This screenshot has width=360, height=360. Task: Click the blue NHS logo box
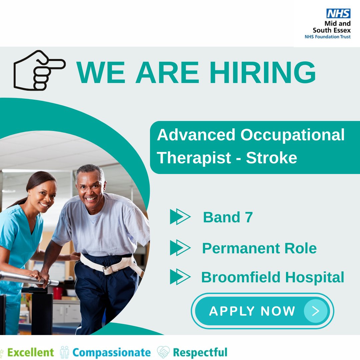[x=338, y=14]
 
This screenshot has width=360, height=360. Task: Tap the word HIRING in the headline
[x=263, y=73]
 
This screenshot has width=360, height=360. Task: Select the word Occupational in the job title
[x=292, y=135]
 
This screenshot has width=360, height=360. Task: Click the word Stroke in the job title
[x=271, y=158]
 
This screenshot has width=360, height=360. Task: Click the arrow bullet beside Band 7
[x=180, y=217]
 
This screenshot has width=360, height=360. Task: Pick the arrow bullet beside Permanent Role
[x=180, y=248]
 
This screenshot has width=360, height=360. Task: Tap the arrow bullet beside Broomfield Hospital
[x=180, y=277]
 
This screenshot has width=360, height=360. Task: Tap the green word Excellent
[x=30, y=352]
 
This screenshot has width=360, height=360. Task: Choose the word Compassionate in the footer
[x=111, y=352]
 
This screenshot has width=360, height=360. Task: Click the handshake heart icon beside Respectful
[x=163, y=352]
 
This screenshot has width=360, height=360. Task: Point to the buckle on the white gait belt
[x=107, y=270]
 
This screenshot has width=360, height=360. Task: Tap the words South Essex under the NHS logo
[x=332, y=30]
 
